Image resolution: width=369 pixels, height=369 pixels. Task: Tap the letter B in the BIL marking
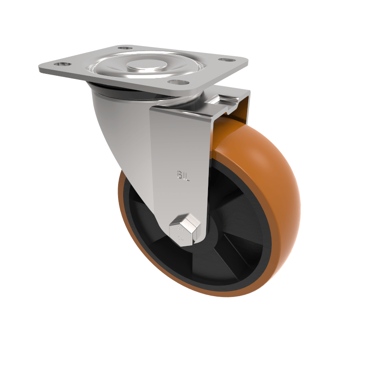click(179, 174)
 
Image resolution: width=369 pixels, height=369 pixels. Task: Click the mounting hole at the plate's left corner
click(61, 65)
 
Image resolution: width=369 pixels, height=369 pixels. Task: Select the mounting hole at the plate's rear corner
click(124, 48)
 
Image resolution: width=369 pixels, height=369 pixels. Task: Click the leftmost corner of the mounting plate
click(40, 69)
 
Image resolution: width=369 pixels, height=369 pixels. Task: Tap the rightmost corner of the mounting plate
click(248, 61)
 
